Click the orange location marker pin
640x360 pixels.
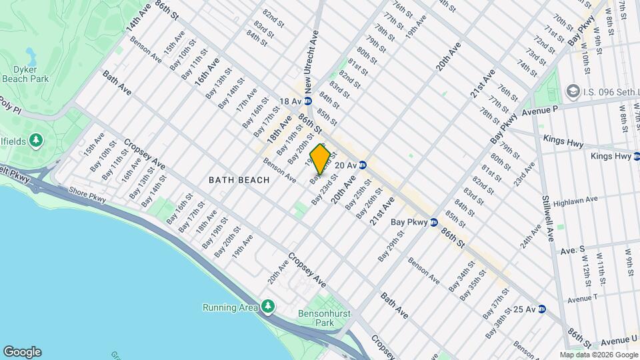pos(321,159)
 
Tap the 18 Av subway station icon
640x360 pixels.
pos(308,101)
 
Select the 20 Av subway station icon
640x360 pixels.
pos(363,165)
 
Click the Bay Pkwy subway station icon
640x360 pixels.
pos(433,222)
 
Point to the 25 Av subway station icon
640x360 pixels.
pos(542,309)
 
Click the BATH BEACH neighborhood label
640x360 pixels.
pos(239,180)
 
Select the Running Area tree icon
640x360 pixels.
pos(267,307)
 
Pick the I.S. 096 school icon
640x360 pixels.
pos(572,90)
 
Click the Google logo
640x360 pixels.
pos(22,351)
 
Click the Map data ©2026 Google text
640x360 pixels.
pos(598,355)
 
